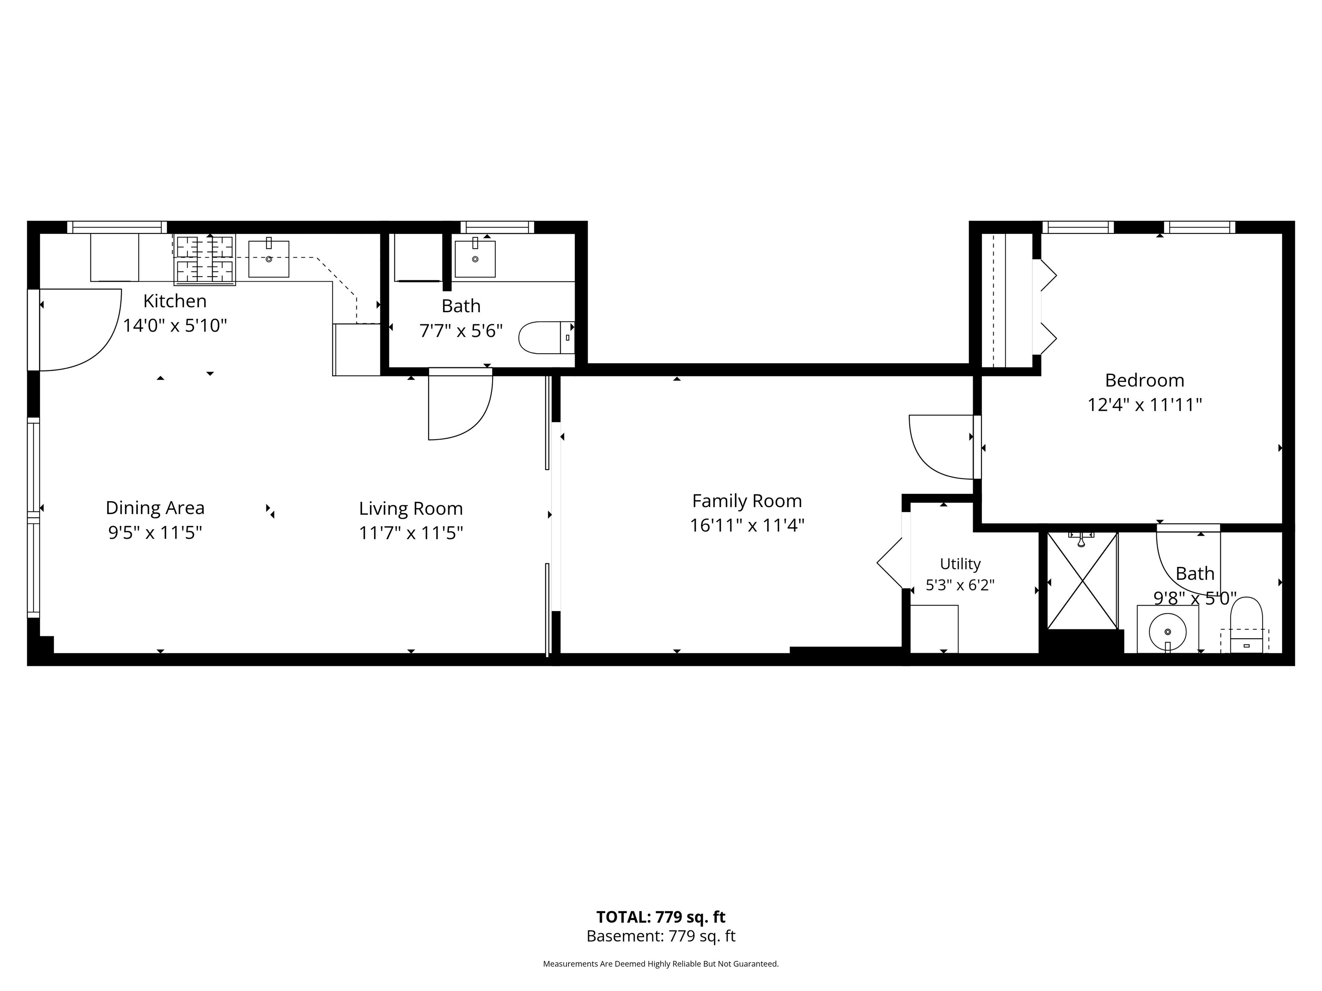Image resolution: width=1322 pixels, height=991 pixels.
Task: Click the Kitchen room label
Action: (175, 301)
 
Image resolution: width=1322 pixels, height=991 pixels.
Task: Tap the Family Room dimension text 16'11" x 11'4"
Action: (747, 526)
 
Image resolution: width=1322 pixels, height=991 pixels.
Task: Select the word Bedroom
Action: (1145, 381)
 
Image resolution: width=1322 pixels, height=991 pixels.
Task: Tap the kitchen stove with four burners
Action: (205, 260)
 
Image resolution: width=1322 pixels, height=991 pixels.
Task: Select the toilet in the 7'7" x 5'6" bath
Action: (546, 338)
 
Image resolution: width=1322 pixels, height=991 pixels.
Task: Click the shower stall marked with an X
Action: (1082, 581)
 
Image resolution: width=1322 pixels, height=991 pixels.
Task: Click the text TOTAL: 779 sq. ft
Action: (661, 917)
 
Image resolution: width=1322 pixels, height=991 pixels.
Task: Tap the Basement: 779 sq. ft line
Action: (661, 936)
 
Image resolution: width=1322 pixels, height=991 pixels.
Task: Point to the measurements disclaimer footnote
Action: (661, 963)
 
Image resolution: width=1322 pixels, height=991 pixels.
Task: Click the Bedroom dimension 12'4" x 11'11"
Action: (1145, 406)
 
